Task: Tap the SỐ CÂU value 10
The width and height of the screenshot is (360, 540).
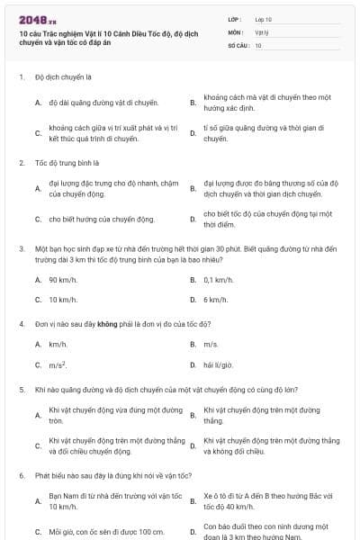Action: coord(258,44)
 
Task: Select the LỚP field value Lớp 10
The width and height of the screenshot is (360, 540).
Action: coord(264,19)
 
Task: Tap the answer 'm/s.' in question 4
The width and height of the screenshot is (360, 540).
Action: coord(211,345)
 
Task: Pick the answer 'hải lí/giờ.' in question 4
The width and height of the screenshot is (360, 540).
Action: coord(219,364)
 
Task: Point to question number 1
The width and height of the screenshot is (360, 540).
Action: coord(21,77)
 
